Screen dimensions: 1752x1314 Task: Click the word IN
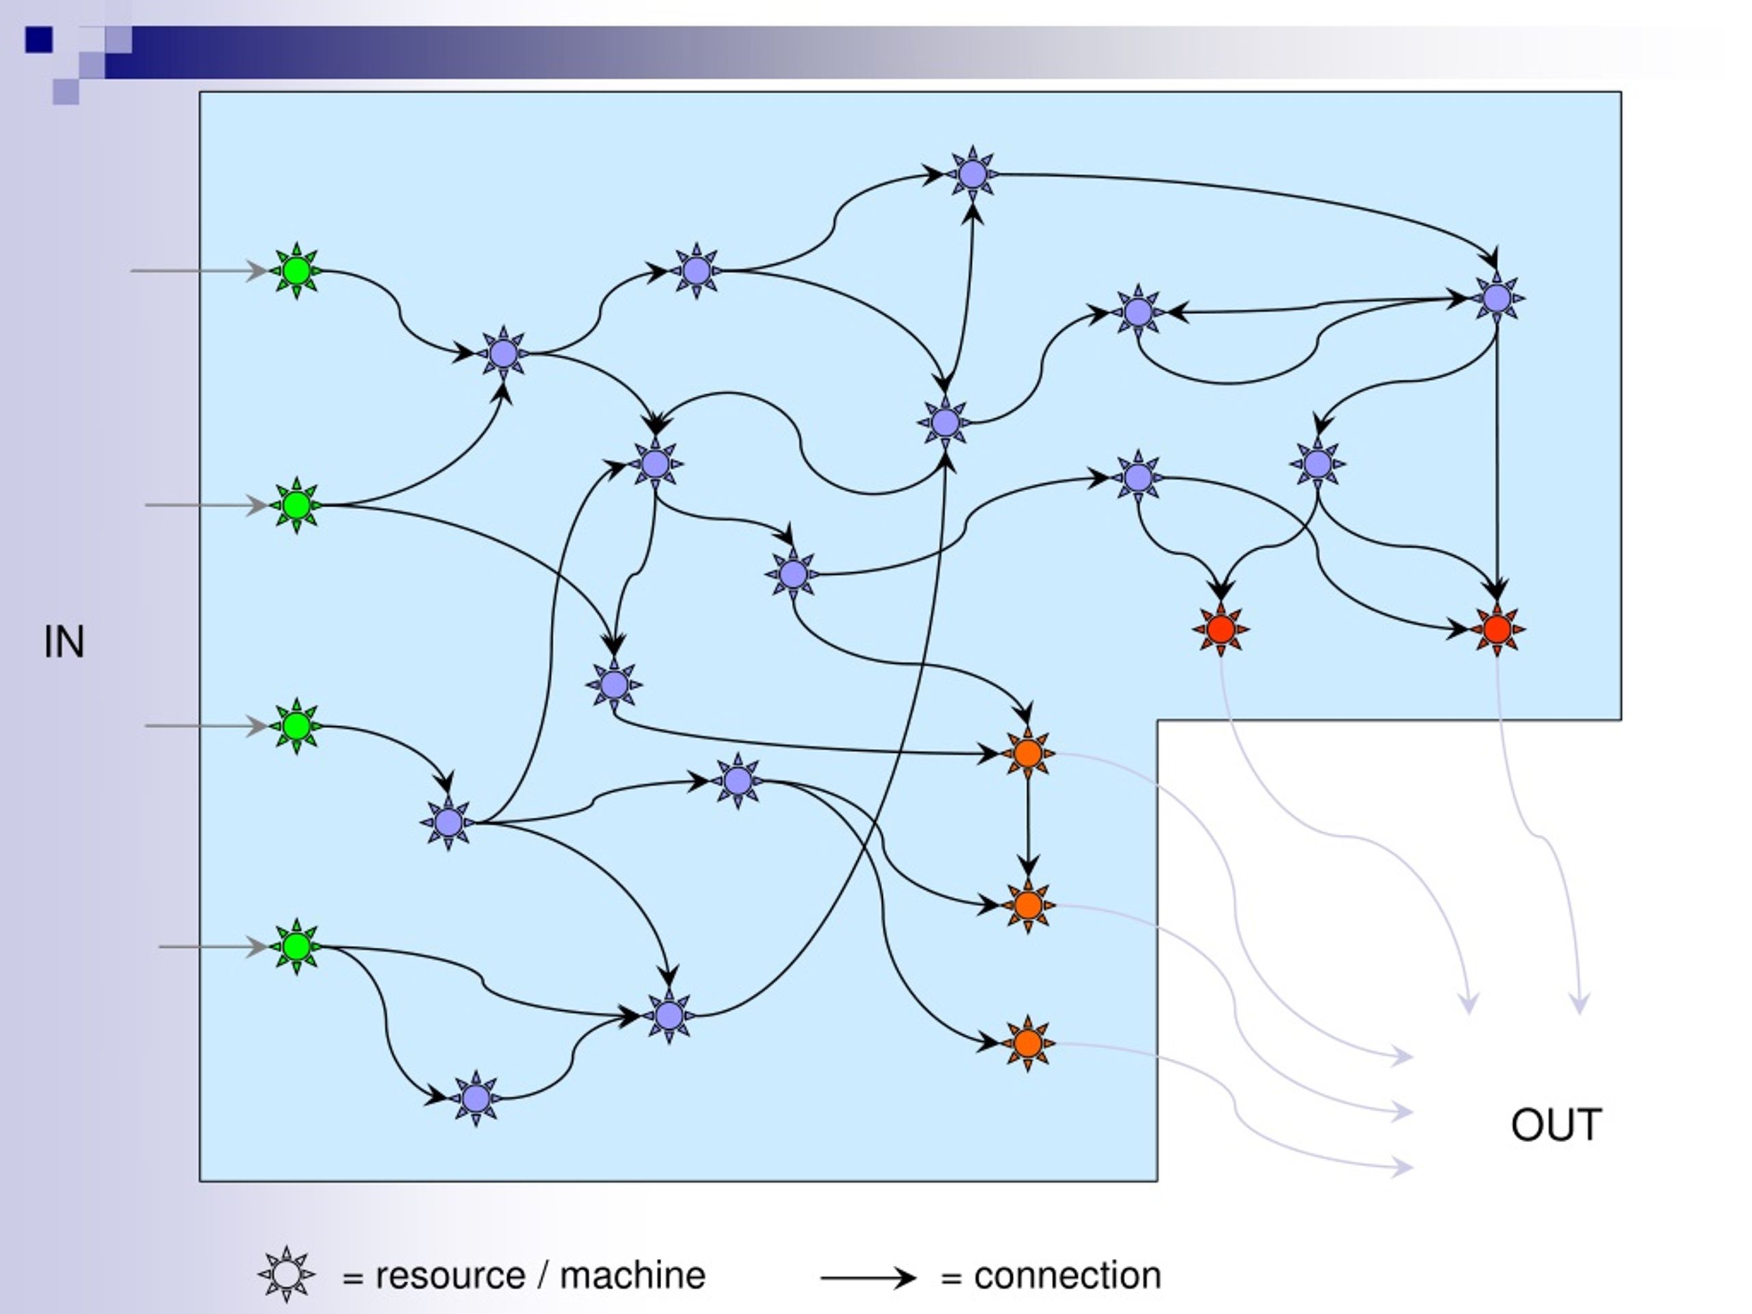point(64,643)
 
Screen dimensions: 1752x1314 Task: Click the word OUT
point(1556,1124)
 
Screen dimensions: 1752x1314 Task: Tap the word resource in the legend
point(450,1276)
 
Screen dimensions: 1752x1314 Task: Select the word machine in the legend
point(632,1276)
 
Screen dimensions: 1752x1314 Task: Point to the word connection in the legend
point(1068,1276)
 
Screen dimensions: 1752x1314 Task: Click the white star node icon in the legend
point(287,1274)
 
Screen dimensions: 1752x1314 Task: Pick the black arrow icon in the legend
point(868,1278)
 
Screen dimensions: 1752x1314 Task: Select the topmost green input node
point(296,271)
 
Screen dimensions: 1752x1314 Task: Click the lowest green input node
point(296,946)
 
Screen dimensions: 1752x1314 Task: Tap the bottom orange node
point(1027,1043)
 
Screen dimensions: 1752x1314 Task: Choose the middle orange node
point(1027,905)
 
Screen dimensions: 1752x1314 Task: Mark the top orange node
point(1027,753)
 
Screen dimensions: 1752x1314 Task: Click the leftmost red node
point(1220,630)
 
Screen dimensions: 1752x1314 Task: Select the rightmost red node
point(1496,630)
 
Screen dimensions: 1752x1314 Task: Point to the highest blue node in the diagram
point(972,173)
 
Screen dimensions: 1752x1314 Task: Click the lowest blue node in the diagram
point(475,1098)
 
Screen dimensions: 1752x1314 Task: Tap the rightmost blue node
point(1496,298)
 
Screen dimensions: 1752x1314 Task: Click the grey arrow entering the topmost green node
point(200,271)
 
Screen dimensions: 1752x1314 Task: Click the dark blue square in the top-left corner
point(39,40)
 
